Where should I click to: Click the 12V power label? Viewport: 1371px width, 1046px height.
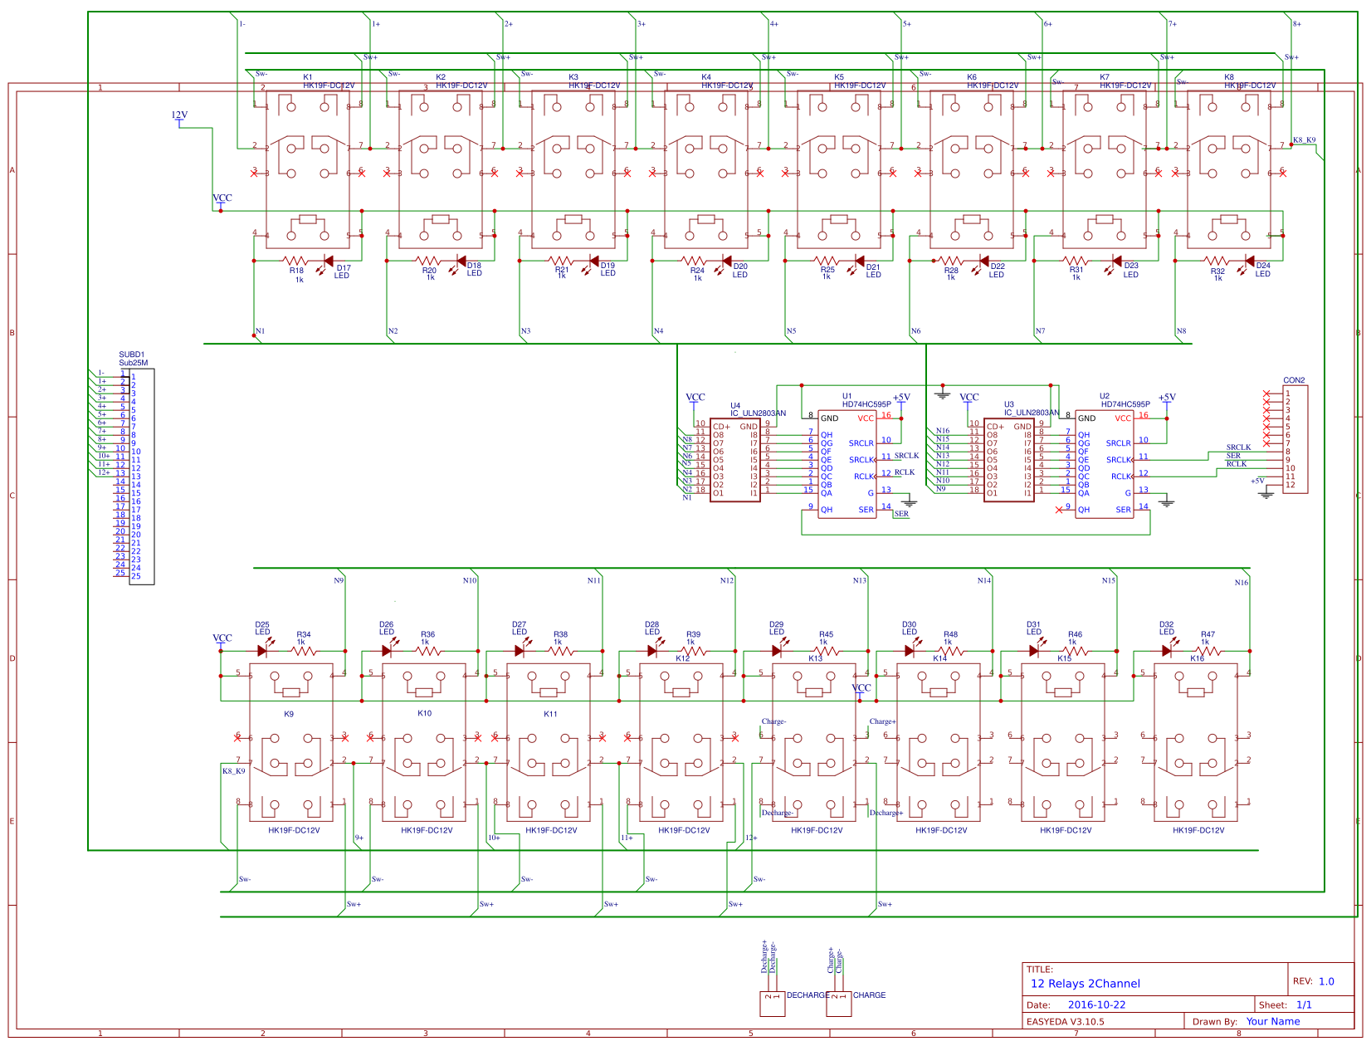[x=179, y=115]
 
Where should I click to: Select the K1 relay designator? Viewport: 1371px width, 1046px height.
[x=308, y=77]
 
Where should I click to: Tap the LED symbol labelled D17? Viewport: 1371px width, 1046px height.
[x=329, y=261]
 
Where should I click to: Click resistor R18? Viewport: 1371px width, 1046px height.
[x=296, y=261]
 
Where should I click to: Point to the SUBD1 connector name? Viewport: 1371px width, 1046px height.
[x=131, y=354]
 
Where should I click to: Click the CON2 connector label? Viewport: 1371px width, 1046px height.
[x=1294, y=380]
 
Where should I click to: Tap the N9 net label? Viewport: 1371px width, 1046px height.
[x=339, y=580]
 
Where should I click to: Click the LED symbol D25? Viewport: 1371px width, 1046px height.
[x=262, y=651]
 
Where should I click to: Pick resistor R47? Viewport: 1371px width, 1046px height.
[x=1208, y=651]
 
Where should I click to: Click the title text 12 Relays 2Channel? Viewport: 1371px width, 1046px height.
[x=1085, y=984]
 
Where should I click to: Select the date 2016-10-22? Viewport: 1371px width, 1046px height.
[x=1096, y=1004]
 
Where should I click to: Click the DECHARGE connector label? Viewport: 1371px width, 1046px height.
[x=807, y=995]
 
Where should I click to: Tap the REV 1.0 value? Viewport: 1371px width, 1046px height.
[x=1326, y=981]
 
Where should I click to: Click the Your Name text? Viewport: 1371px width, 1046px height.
[x=1272, y=1022]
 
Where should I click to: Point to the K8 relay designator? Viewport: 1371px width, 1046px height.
[x=1229, y=77]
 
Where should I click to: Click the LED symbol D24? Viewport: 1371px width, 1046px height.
[x=1250, y=261]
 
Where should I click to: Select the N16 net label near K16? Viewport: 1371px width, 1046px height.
[x=1241, y=583]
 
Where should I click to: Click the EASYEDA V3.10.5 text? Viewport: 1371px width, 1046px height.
[x=1065, y=1022]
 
